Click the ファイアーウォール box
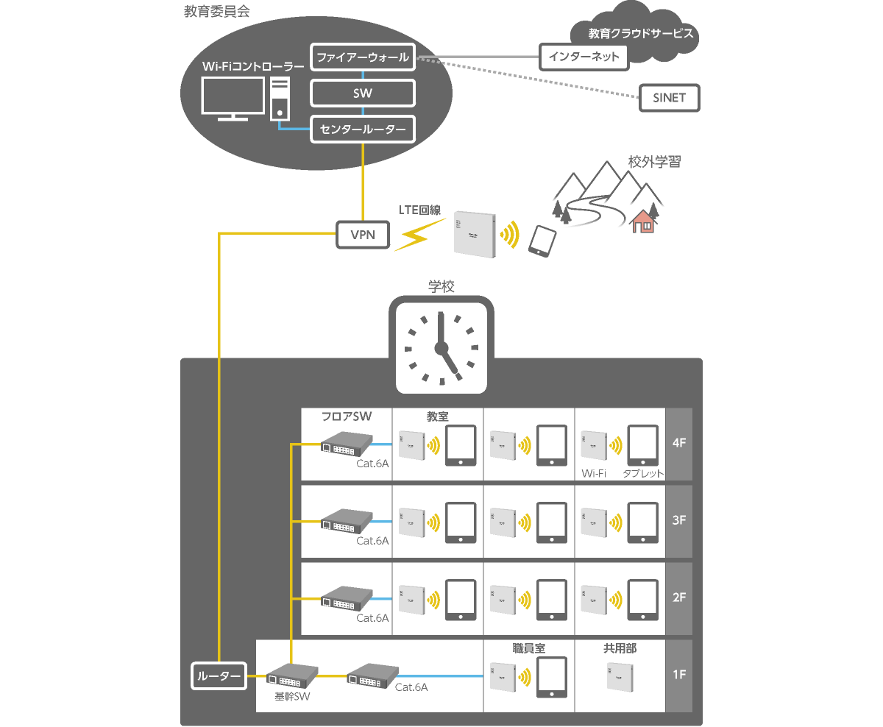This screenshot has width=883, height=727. click(x=363, y=57)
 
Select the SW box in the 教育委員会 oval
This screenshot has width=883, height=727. click(x=363, y=93)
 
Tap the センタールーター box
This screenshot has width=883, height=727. click(x=363, y=130)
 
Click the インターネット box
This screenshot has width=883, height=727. click(x=584, y=57)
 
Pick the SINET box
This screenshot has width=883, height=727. click(x=668, y=98)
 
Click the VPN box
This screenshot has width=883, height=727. click(x=362, y=235)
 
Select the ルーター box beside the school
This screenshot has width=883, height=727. click(x=219, y=675)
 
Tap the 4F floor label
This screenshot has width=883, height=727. click(x=679, y=444)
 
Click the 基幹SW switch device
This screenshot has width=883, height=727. click(x=291, y=675)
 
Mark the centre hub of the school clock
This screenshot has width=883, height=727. click(x=441, y=348)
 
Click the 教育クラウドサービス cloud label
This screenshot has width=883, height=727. click(x=641, y=34)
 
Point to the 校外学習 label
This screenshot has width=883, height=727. click(x=654, y=162)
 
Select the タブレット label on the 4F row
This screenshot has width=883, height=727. click(x=643, y=474)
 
